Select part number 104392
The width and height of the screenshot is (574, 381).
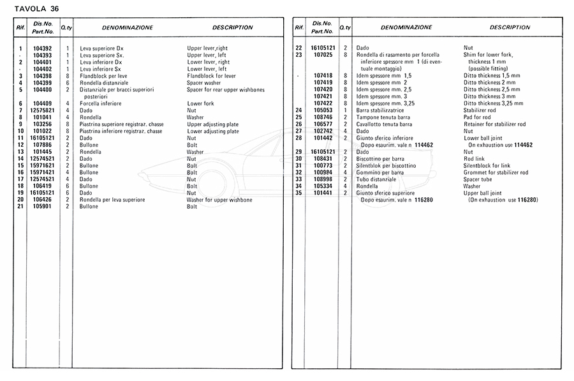coord(43,49)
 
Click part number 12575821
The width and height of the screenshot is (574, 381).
coord(43,110)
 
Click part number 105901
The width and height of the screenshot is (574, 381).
coord(43,207)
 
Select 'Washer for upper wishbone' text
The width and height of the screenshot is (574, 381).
coord(219,200)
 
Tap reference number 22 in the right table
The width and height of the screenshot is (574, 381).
coord(298,49)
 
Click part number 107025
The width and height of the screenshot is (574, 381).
coord(324,55)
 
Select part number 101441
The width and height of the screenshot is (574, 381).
coord(324,193)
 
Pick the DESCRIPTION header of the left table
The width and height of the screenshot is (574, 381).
coord(232,28)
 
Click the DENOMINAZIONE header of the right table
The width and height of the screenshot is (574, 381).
coord(406,28)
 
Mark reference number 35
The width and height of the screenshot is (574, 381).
coord(298,193)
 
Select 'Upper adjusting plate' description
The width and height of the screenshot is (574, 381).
coord(213,124)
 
